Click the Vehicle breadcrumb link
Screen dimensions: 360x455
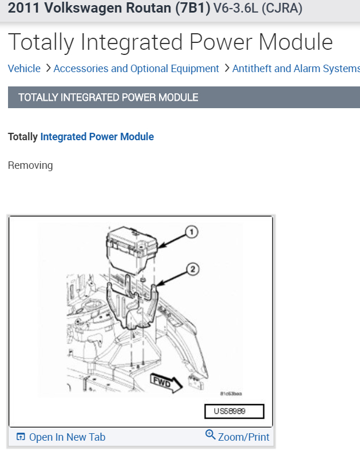(24, 69)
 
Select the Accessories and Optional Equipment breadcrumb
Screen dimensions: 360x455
(136, 69)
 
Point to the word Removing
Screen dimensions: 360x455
(30, 165)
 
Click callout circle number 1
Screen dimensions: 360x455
(191, 232)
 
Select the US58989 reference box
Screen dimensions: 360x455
(234, 412)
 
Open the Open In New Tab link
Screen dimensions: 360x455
(67, 437)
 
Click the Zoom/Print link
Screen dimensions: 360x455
(243, 437)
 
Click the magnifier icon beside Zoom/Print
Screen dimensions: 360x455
(211, 436)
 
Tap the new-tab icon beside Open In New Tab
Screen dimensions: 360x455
(21, 437)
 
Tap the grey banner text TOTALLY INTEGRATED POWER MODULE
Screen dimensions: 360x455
(108, 97)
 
